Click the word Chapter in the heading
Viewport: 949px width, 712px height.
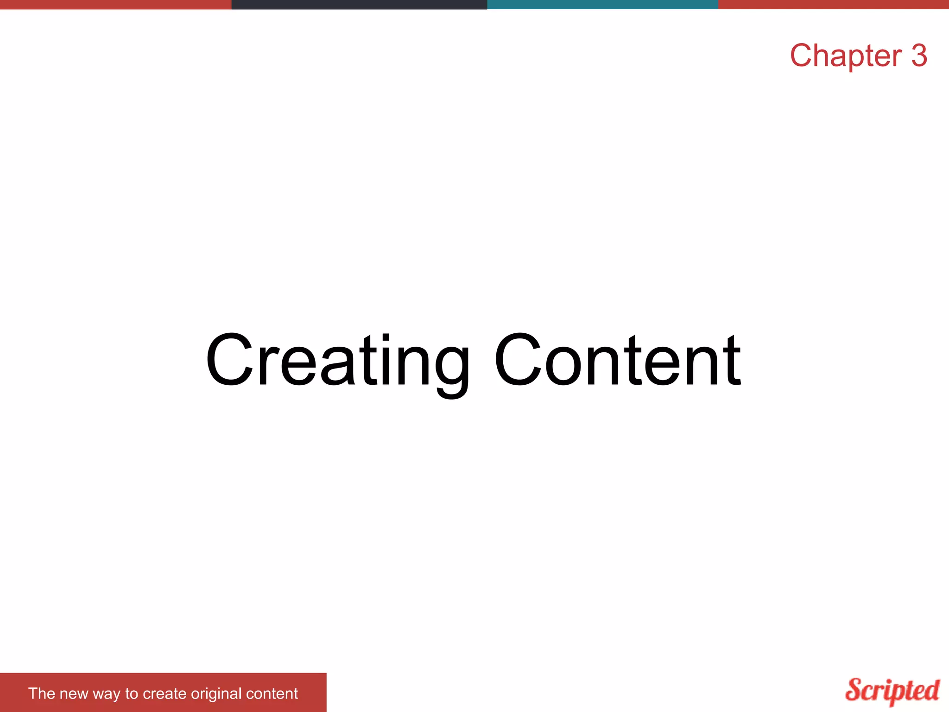pos(846,56)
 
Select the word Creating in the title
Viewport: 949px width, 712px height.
pos(338,361)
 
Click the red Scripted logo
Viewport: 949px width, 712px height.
pos(892,691)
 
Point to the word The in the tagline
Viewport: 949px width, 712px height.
pos(42,693)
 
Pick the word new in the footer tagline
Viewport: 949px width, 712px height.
pos(73,693)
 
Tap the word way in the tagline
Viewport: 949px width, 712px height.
pos(107,694)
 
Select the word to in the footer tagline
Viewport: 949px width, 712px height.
pos(132,693)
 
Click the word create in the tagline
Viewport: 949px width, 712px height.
pos(164,693)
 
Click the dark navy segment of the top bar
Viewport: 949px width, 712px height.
pos(359,5)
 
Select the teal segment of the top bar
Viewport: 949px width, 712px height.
pos(602,5)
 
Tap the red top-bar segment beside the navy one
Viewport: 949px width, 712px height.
pos(115,5)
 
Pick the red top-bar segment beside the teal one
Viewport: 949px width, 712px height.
pos(833,5)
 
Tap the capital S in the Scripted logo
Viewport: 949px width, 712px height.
pos(855,690)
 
